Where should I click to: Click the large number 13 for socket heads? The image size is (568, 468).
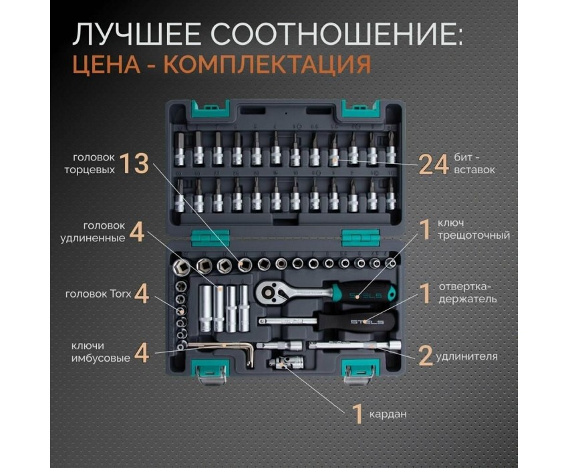coord(134,163)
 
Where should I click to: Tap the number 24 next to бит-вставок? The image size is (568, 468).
coord(434,164)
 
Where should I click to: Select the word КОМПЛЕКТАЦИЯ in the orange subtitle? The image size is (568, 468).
coord(268,65)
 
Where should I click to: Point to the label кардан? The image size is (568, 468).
coord(388,414)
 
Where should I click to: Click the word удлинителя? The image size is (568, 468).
coord(466,357)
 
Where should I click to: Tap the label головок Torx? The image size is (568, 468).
coord(98,294)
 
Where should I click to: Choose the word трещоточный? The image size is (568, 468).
coord(474,235)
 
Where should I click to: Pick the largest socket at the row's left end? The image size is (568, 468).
coord(181,267)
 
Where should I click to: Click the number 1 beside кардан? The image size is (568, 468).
coord(358,414)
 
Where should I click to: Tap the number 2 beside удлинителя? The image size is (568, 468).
coord(426,356)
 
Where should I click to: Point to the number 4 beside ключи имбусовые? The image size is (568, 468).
coord(142,353)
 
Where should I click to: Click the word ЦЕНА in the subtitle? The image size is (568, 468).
coord(106,65)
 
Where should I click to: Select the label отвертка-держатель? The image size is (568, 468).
coord(467,293)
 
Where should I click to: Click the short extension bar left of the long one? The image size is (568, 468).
coord(279,345)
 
